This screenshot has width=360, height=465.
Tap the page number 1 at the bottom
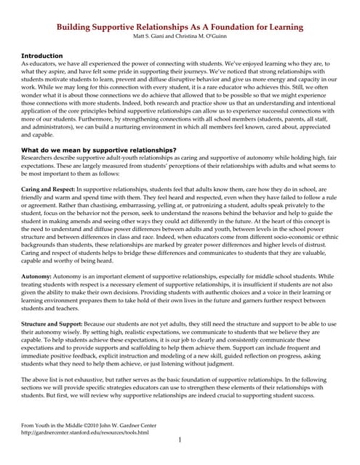pyautogui.click(x=180, y=440)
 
